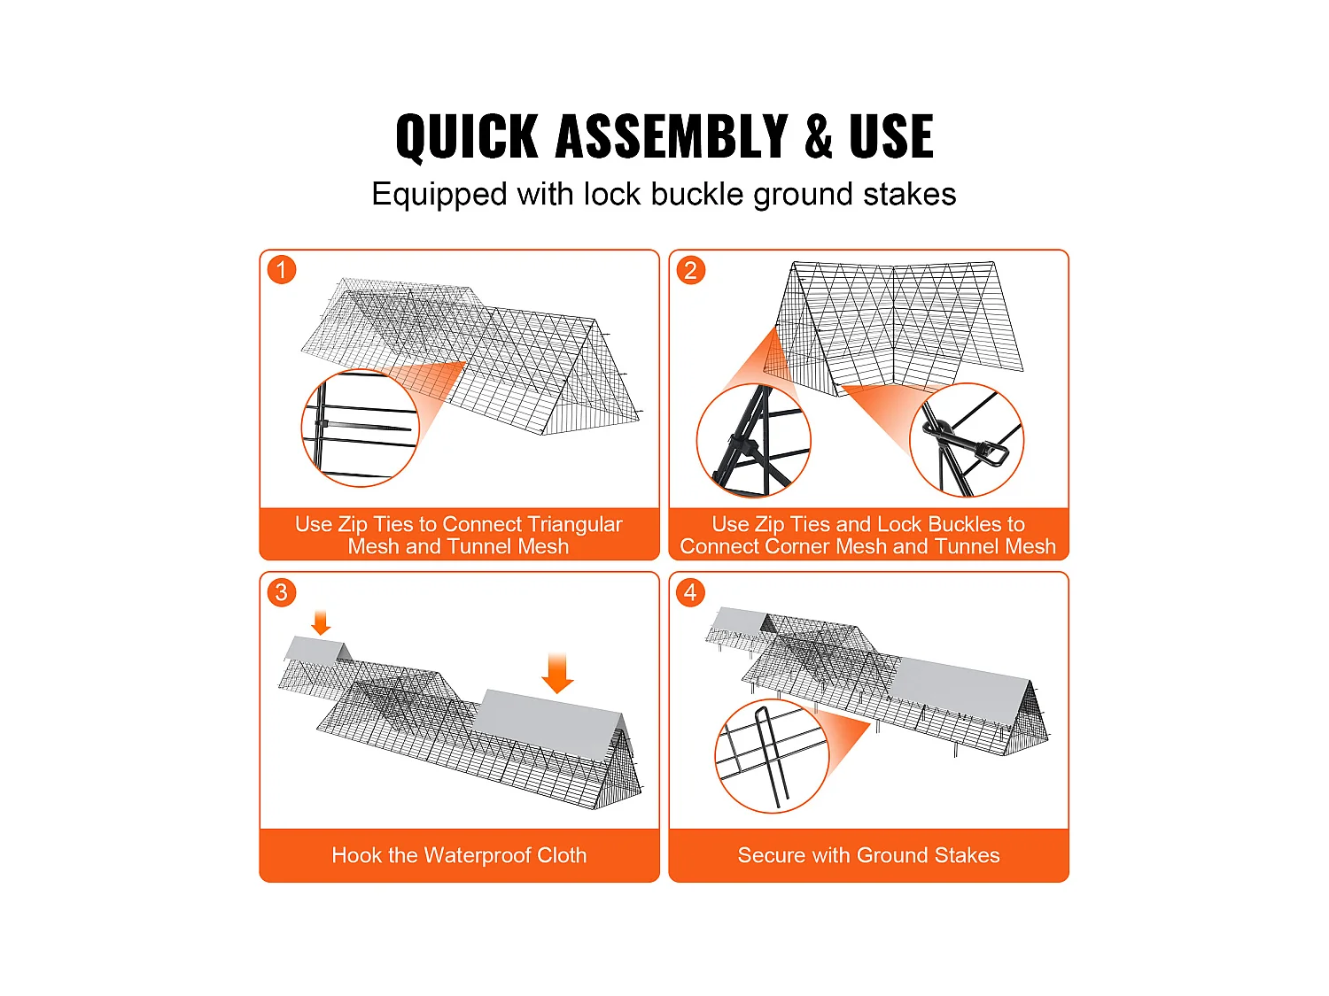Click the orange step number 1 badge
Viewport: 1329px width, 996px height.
(x=282, y=270)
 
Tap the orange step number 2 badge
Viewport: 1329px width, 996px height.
(x=691, y=270)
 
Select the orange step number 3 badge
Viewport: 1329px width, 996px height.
(x=282, y=592)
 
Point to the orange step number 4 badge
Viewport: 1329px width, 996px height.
(x=691, y=592)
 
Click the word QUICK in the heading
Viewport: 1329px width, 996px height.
(x=467, y=137)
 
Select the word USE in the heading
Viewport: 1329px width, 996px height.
(x=891, y=136)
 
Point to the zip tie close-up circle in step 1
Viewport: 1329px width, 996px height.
(x=361, y=428)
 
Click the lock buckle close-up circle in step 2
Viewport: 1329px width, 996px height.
(x=967, y=440)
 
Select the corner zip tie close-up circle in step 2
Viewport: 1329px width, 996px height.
(x=754, y=440)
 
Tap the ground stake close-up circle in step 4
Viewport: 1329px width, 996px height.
(x=772, y=756)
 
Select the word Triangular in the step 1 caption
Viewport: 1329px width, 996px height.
(x=575, y=525)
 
